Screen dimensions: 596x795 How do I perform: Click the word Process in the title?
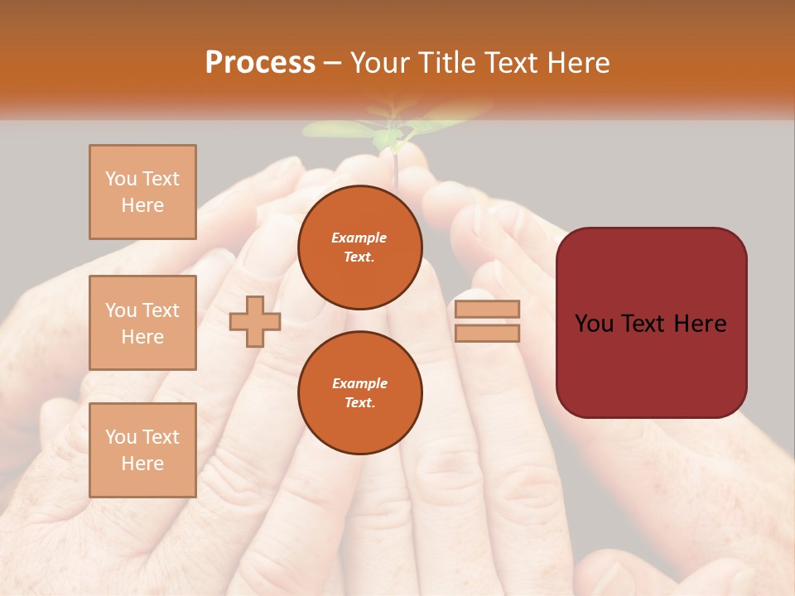pyautogui.click(x=260, y=63)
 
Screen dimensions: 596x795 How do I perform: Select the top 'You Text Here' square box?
pyautogui.click(x=142, y=192)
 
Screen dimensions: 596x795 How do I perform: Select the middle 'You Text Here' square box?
pyautogui.click(x=142, y=323)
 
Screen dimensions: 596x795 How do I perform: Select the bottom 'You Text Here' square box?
pyautogui.click(x=142, y=449)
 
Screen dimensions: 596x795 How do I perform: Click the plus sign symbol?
pyautogui.click(x=255, y=321)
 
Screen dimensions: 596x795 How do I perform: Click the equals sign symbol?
pyautogui.click(x=487, y=321)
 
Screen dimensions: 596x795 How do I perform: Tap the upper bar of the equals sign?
pyautogui.click(x=487, y=310)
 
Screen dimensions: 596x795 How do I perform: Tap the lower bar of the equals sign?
pyautogui.click(x=487, y=333)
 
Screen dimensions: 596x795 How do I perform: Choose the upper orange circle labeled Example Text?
pyautogui.click(x=359, y=248)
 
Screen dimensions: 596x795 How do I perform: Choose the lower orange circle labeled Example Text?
pyautogui.click(x=359, y=393)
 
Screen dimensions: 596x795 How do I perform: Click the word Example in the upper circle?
pyautogui.click(x=359, y=238)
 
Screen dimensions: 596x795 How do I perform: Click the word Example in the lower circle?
pyautogui.click(x=359, y=383)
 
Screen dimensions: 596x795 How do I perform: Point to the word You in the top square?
pyautogui.click(x=121, y=179)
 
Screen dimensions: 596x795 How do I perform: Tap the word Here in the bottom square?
pyautogui.click(x=142, y=464)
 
